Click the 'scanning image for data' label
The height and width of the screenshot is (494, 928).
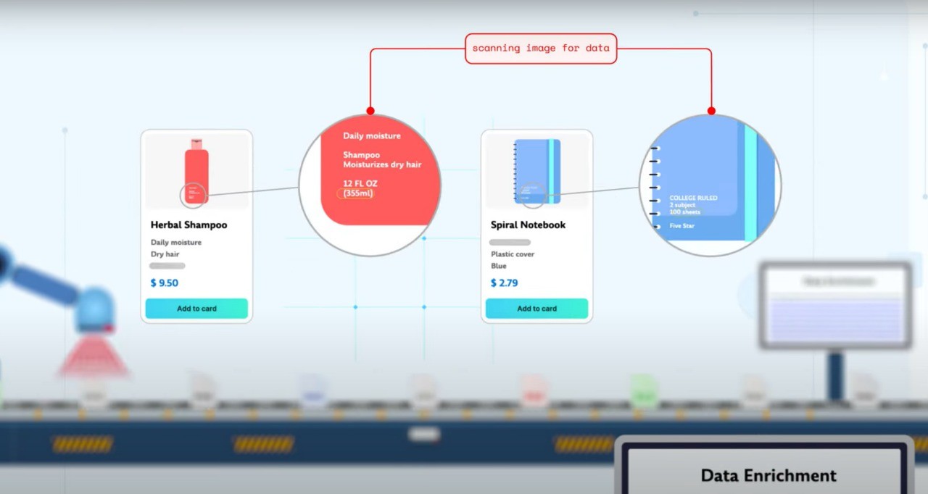pos(540,49)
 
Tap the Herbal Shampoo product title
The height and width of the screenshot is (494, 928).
pos(188,225)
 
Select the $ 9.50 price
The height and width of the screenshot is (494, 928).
pos(165,282)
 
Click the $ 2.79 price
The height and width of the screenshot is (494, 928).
pos(505,282)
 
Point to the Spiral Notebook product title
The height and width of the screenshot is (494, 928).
pos(528,225)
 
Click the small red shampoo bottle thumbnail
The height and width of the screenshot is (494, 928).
pos(196,172)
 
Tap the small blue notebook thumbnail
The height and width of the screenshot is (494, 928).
pos(536,171)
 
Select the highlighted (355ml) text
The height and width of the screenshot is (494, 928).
pos(358,193)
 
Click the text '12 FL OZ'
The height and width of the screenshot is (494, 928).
pos(360,183)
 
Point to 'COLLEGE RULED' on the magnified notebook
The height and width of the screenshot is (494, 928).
pos(693,198)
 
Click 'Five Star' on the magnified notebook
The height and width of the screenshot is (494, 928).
pos(681,226)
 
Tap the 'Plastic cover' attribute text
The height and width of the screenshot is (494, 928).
pos(513,254)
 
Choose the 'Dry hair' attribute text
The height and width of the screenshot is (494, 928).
pos(165,254)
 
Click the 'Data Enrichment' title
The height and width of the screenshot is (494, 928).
pos(768,475)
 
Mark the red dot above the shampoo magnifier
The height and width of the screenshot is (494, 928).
pos(370,111)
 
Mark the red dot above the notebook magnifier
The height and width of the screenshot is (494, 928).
pos(711,111)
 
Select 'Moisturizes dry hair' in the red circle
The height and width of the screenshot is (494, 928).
pos(382,164)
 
